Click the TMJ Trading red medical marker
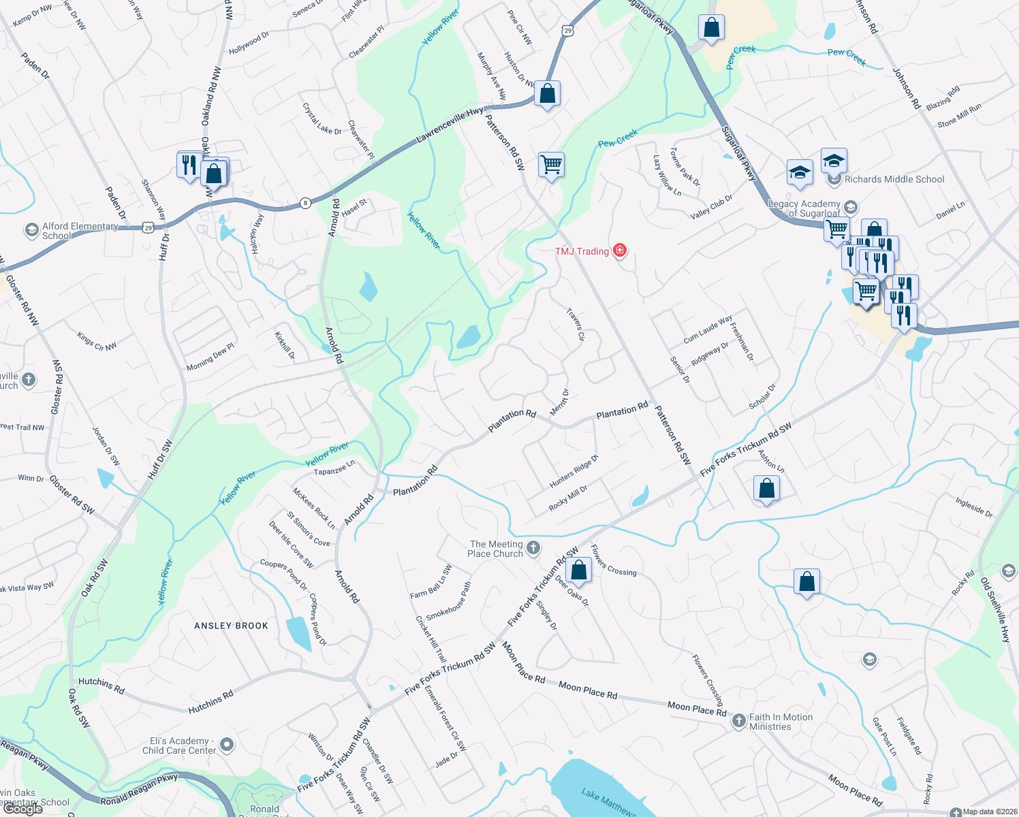[x=620, y=251]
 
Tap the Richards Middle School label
[x=894, y=179]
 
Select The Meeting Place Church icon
[x=533, y=547]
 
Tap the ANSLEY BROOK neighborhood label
[x=231, y=626]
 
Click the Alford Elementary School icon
[x=31, y=230]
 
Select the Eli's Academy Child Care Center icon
[x=227, y=745]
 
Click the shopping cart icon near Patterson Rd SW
[x=551, y=164]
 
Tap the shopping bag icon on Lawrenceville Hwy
[x=547, y=94]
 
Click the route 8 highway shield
[x=306, y=203]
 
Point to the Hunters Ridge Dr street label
[x=574, y=471]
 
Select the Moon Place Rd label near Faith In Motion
[x=697, y=709]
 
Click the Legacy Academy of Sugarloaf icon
[x=850, y=206]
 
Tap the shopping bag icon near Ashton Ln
[x=766, y=488]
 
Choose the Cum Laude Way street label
[x=708, y=329]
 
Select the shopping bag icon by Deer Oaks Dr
[x=578, y=570]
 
